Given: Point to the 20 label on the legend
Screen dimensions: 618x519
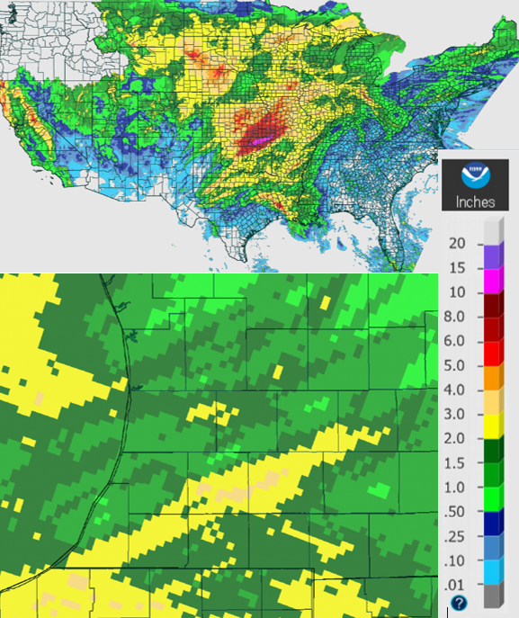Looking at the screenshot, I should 458,244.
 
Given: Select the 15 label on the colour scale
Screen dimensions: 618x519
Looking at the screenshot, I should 458,268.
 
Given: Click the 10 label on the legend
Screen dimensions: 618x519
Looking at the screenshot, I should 458,292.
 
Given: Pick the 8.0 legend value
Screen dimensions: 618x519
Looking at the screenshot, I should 457,317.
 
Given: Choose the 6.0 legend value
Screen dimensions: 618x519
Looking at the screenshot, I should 457,341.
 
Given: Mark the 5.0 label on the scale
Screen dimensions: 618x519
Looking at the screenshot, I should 457,365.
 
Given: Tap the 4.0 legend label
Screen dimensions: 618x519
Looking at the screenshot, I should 457,390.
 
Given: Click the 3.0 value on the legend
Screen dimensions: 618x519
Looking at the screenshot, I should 457,414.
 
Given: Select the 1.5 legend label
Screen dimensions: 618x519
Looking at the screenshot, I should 457,462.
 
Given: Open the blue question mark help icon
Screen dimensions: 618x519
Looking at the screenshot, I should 460,603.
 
